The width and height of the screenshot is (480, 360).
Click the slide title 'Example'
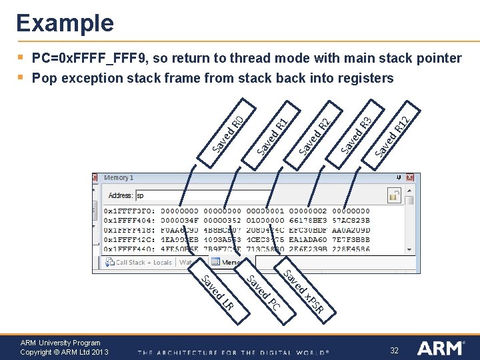pos(65,23)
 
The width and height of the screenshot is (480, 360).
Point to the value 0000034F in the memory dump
pos(180,219)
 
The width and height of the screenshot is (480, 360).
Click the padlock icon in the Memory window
pos(393,196)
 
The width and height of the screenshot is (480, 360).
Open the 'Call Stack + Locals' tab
pos(139,263)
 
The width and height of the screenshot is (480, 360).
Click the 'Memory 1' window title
pos(119,178)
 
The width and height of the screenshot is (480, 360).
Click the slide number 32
pos(394,350)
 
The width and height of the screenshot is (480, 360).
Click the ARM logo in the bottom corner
pos(441,348)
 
